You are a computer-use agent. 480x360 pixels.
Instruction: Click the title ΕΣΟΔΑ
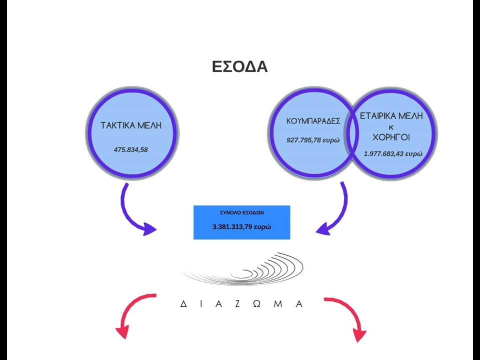coord(239,66)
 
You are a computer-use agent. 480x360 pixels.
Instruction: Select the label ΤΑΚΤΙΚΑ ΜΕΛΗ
coord(131,125)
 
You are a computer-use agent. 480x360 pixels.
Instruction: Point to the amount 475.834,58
coord(130,149)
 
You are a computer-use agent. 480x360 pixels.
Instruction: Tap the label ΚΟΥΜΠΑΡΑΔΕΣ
coord(313,121)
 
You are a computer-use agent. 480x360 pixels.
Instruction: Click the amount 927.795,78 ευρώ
coord(313,140)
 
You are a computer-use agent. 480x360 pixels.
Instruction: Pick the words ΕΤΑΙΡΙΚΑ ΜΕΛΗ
coord(391,116)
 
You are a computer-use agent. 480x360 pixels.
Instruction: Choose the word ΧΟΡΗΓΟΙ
coord(391,137)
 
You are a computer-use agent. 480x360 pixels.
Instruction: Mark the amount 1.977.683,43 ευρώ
coord(393,153)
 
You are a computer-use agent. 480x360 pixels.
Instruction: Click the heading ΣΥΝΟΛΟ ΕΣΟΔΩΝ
coord(242,213)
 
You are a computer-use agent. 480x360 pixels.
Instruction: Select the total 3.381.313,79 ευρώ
coord(242,227)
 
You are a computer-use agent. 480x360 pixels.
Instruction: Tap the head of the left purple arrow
coord(149,229)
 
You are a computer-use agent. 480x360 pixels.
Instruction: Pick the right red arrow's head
coord(359,335)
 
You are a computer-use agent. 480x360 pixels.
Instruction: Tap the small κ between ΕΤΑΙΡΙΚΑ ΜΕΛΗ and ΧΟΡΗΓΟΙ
coord(391,127)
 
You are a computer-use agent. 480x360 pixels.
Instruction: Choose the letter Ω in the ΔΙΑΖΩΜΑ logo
coord(256,304)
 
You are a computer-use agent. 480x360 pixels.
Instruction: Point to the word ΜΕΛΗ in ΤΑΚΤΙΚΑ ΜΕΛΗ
coord(149,125)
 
